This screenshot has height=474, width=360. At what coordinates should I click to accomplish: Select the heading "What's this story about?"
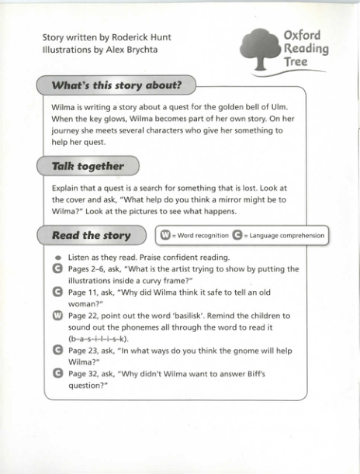tap(116, 85)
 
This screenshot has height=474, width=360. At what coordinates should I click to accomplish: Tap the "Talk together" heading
tap(88, 166)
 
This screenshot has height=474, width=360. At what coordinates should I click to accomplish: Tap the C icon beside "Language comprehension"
tap(237, 235)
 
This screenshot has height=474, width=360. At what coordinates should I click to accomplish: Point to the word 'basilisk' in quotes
tap(195, 316)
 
